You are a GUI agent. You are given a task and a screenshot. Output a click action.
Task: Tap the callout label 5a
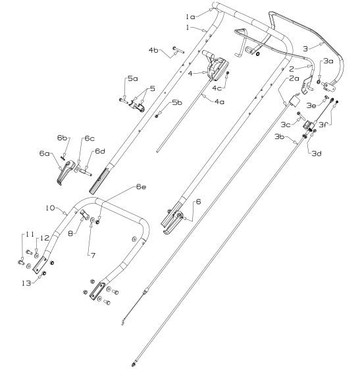pyautogui.click(x=133, y=78)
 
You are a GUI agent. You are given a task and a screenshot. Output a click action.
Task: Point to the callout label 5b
pyautogui.click(x=177, y=103)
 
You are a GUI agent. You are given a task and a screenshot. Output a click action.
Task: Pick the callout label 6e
pyautogui.click(x=141, y=187)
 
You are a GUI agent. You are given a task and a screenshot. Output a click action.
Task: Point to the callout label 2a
pyautogui.click(x=294, y=78)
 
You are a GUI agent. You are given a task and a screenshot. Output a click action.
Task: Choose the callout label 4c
pyautogui.click(x=217, y=88)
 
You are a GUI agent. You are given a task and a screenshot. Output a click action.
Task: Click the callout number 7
pyautogui.click(x=91, y=253)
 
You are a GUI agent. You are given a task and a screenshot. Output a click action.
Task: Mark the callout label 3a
pyautogui.click(x=328, y=61)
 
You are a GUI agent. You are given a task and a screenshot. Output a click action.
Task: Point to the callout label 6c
pyautogui.click(x=89, y=138)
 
